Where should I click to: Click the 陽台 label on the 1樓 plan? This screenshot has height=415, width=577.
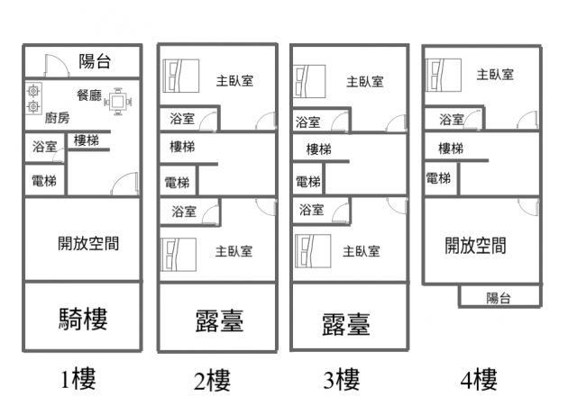(x=95, y=61)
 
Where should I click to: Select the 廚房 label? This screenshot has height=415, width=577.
(x=56, y=118)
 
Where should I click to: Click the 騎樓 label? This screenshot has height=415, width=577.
(x=83, y=318)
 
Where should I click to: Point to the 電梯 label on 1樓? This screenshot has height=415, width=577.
(x=43, y=181)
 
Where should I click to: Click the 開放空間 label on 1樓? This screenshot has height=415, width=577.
(x=88, y=242)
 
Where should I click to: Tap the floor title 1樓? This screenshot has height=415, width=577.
(x=78, y=379)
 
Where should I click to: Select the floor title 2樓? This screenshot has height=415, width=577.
(x=212, y=382)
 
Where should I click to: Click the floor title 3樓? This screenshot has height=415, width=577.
(x=342, y=382)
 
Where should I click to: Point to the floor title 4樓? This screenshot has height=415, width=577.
(x=479, y=380)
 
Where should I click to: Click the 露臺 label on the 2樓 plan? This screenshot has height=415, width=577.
(x=219, y=320)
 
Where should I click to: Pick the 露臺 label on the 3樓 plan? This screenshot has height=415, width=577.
(x=345, y=323)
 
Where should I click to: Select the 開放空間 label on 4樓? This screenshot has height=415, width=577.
(x=475, y=245)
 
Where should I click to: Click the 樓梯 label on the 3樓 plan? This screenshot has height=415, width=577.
(x=318, y=149)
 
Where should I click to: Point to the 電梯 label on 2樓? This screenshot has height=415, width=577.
(x=177, y=183)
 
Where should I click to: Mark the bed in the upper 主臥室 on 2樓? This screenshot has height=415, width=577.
(x=180, y=75)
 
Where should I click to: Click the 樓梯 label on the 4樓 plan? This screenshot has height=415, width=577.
(x=451, y=148)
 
